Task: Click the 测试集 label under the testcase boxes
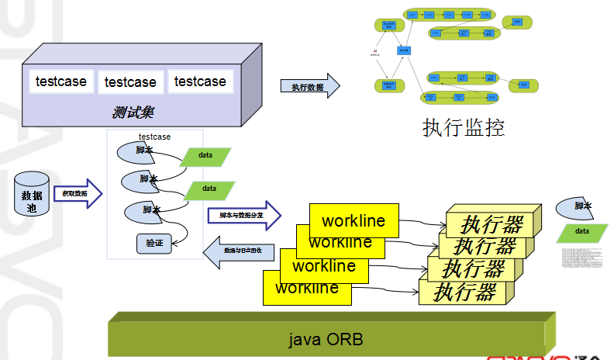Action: pyautogui.click(x=133, y=112)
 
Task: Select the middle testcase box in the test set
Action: pyautogui.click(x=130, y=81)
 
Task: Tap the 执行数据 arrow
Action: pyautogui.click(x=310, y=86)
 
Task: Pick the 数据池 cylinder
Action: pyautogui.click(x=31, y=195)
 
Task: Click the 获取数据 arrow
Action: pyautogui.click(x=78, y=192)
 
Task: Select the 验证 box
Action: pyautogui.click(x=154, y=244)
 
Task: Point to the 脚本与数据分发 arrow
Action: pyautogui.click(x=243, y=213)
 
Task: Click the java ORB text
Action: pyautogui.click(x=326, y=339)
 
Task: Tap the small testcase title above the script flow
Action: pyautogui.click(x=149, y=137)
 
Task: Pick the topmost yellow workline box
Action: pyautogui.click(x=354, y=220)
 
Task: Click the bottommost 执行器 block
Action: pyautogui.click(x=464, y=292)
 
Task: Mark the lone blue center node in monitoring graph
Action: pyautogui.click(x=403, y=50)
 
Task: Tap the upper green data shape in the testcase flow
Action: pyautogui.click(x=205, y=155)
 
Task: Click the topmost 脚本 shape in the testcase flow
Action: pyautogui.click(x=140, y=151)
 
